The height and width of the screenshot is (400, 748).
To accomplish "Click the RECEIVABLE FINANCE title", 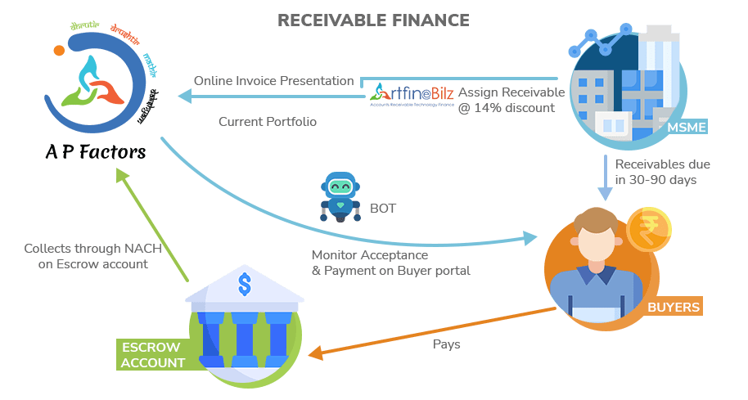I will [x=373, y=20].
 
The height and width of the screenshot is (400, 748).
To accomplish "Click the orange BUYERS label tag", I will [x=673, y=308].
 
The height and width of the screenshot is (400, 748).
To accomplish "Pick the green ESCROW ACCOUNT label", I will [x=153, y=354].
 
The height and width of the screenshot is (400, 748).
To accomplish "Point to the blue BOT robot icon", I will [x=340, y=197].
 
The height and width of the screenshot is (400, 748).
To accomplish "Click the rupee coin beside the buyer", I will [x=649, y=230].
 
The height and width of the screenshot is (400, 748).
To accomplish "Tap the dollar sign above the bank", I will [x=244, y=285].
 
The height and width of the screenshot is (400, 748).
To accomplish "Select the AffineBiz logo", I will [x=412, y=95].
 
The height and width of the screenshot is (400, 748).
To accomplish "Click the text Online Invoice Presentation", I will [x=274, y=81].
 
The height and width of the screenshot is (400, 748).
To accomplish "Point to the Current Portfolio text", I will [x=268, y=122].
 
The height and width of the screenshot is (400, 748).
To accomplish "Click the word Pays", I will [x=446, y=344].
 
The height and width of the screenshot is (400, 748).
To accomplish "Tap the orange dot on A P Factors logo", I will [x=59, y=50].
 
